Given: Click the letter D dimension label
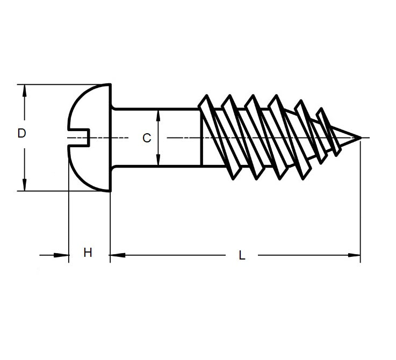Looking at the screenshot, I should point(21,133).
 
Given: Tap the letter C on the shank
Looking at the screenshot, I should point(146,139).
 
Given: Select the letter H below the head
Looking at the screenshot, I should point(88,253).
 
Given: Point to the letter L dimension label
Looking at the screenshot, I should point(242,256).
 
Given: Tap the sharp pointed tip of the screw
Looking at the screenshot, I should point(357,138).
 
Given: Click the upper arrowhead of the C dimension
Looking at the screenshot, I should point(158,115).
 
